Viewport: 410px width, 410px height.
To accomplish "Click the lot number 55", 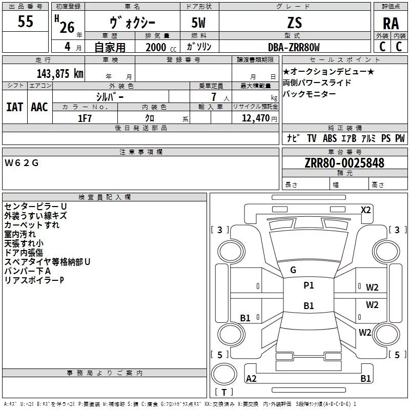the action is click(x=25, y=21).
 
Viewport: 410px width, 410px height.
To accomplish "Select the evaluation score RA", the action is click(x=391, y=24).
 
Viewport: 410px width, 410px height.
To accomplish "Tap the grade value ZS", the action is click(x=295, y=23).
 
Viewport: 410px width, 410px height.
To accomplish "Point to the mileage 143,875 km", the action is click(x=60, y=73).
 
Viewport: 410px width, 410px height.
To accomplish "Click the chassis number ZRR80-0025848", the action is click(x=344, y=163).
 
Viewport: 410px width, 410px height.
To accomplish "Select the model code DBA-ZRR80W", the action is click(x=294, y=47).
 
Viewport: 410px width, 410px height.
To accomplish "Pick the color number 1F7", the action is click(x=85, y=118).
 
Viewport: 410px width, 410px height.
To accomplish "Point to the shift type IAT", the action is click(x=15, y=107).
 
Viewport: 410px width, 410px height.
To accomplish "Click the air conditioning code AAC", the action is click(x=39, y=107).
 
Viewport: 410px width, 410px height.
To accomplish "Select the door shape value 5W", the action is click(x=198, y=23).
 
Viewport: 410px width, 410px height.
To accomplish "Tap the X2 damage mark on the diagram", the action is click(x=365, y=210).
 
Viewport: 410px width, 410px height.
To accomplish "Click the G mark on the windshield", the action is click(x=293, y=270).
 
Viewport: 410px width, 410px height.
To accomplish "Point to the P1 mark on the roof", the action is click(x=309, y=285).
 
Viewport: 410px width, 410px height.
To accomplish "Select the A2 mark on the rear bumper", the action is click(x=251, y=378).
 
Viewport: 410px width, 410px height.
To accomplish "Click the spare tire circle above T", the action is click(x=224, y=374).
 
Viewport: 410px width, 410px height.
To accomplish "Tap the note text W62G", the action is click(x=22, y=163).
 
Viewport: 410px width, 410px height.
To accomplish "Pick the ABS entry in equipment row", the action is click(x=330, y=138).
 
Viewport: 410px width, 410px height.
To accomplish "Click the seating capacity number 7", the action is click(x=214, y=97).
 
